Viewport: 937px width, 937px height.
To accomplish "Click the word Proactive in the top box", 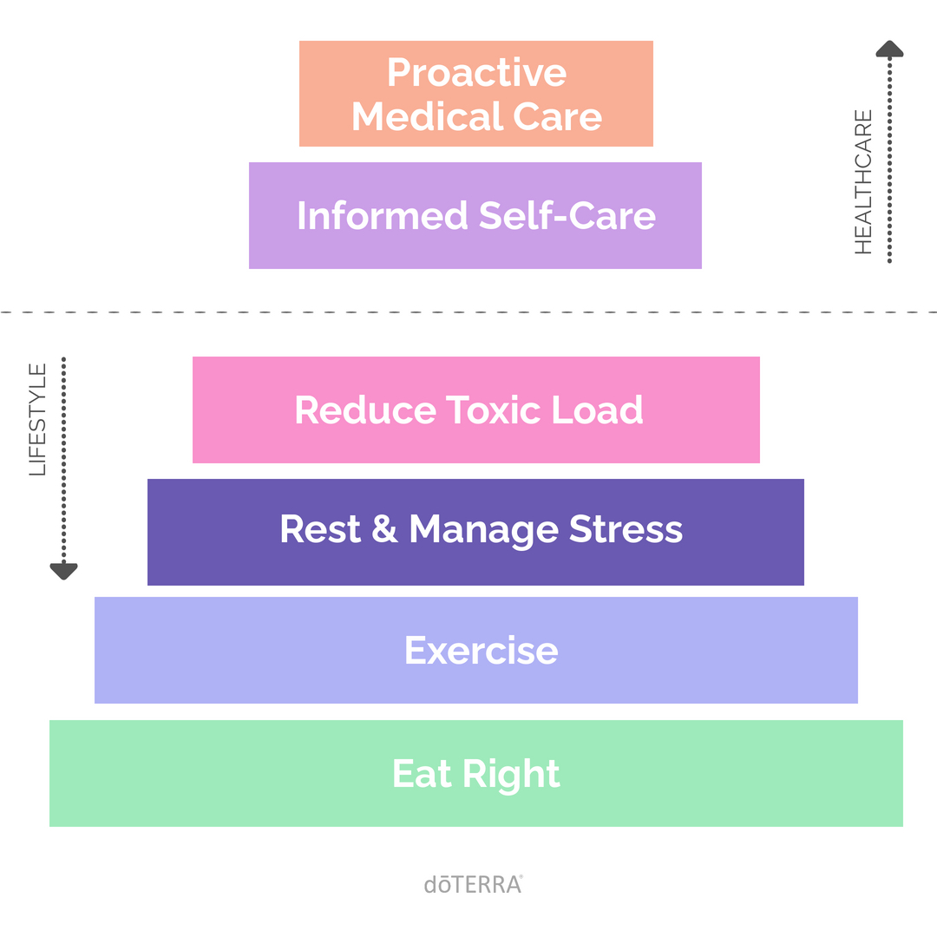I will pyautogui.click(x=476, y=73).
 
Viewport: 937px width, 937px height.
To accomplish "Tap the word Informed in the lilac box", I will pyautogui.click(x=381, y=216).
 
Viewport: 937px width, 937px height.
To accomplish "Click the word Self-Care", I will pyautogui.click(x=567, y=216).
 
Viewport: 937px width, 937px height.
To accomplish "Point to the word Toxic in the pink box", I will pyautogui.click(x=494, y=410).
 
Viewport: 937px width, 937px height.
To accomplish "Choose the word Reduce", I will pyautogui.click(x=364, y=410).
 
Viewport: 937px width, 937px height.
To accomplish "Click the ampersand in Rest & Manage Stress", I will pyautogui.click(x=384, y=530).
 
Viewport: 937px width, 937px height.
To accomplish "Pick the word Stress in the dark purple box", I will pyautogui.click(x=626, y=530).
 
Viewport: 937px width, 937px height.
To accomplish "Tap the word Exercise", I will pyautogui.click(x=481, y=651).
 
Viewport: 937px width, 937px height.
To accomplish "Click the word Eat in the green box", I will pyautogui.click(x=420, y=774).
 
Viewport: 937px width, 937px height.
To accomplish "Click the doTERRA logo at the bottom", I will pyautogui.click(x=473, y=884).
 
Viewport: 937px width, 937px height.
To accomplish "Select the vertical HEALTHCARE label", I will pyautogui.click(x=863, y=182).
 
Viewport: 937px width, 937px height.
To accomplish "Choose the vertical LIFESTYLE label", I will pyautogui.click(x=37, y=420).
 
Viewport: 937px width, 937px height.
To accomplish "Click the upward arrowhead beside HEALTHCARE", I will pyautogui.click(x=889, y=49).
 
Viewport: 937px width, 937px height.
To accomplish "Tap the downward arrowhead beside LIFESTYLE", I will pyautogui.click(x=63, y=571).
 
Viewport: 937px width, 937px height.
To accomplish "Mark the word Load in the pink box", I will pyautogui.click(x=598, y=410).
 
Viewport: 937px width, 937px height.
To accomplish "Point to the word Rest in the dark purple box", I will pyautogui.click(x=319, y=530).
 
